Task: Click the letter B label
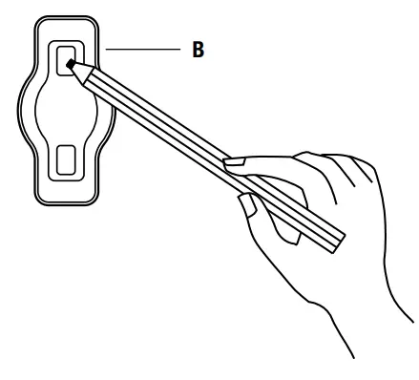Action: (198, 50)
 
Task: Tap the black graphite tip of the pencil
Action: (71, 65)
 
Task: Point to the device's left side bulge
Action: (25, 109)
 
